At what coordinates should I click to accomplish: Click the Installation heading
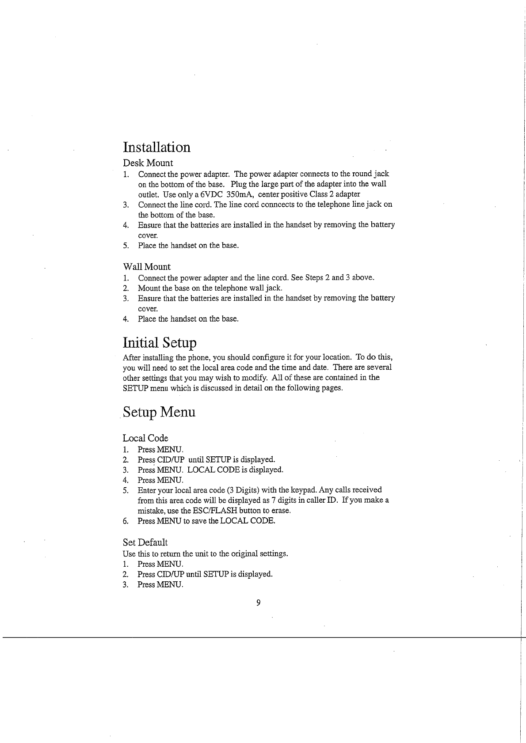(156, 147)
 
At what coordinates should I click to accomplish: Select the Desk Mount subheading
(148, 163)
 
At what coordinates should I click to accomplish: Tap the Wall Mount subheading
(146, 266)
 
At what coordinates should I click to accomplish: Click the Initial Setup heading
(160, 343)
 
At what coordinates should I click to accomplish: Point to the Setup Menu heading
(159, 412)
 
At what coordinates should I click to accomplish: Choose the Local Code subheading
(145, 438)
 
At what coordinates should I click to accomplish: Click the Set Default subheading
(145, 542)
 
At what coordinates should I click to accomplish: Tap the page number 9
(258, 603)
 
